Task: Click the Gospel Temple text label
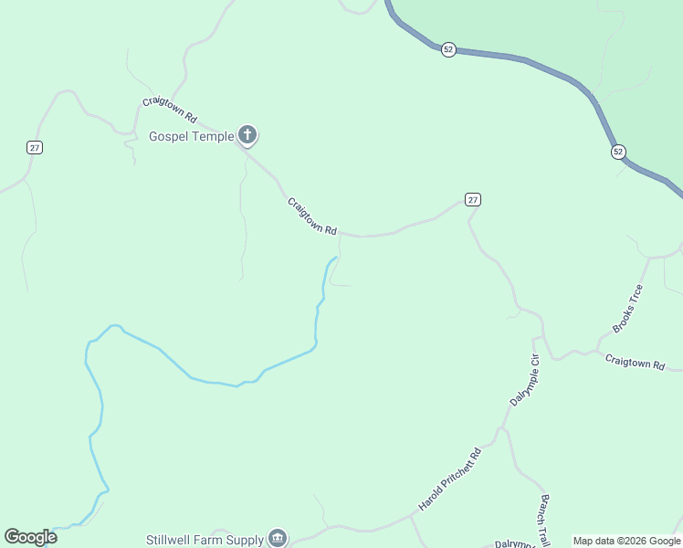point(191,137)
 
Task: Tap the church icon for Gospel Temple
point(247,136)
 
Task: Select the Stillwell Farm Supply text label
point(205,540)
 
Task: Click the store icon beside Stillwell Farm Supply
point(278,539)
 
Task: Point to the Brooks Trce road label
point(627,308)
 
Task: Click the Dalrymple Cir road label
point(523,380)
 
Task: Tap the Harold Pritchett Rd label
point(449,479)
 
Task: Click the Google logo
point(30,537)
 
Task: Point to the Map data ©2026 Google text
point(626,541)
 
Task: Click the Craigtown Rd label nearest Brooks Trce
point(635,363)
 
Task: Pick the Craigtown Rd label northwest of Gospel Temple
point(170,111)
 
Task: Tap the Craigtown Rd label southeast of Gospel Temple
point(312,216)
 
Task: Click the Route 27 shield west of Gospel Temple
point(35,147)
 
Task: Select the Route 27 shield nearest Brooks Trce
point(472,199)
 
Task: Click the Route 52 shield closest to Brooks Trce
point(618,152)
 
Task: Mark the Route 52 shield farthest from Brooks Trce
point(447,49)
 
